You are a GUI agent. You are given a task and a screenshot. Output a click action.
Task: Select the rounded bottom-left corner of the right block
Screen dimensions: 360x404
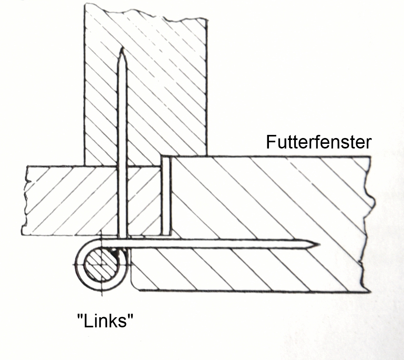[134, 286]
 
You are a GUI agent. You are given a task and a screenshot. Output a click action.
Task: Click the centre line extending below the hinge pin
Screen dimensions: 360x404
[102, 294]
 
